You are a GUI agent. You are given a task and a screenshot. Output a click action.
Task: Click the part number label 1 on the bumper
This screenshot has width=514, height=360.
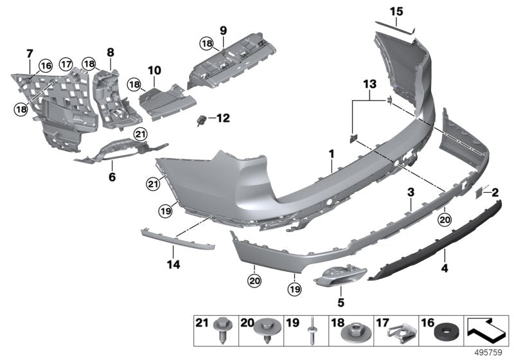tap(332, 154)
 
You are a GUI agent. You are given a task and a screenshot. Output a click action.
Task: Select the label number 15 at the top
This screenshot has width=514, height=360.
tap(396, 11)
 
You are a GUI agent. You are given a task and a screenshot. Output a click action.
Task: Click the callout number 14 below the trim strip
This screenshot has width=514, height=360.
tap(173, 264)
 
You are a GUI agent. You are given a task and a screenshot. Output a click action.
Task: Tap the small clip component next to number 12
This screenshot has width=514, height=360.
tap(203, 119)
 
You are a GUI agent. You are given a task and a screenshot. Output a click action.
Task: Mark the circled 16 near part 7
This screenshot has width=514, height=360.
tap(45, 66)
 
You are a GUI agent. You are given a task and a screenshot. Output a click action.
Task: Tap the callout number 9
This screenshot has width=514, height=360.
tap(224, 30)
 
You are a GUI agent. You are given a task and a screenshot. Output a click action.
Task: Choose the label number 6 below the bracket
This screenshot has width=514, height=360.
tap(112, 175)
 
